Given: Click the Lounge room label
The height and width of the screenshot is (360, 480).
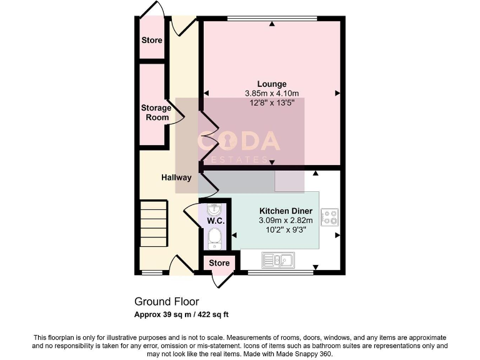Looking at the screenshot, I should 272,84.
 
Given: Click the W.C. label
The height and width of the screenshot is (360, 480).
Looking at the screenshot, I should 216,221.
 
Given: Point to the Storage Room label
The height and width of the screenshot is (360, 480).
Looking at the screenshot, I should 156,112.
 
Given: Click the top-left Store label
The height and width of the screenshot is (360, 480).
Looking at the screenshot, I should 151,40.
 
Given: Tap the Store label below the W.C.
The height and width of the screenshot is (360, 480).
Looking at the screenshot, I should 219,263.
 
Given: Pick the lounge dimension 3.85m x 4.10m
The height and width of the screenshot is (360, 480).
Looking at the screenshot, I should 272,94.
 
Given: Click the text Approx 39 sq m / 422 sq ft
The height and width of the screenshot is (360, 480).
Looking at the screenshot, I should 186,314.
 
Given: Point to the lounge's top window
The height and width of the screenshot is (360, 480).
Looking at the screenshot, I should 272,19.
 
